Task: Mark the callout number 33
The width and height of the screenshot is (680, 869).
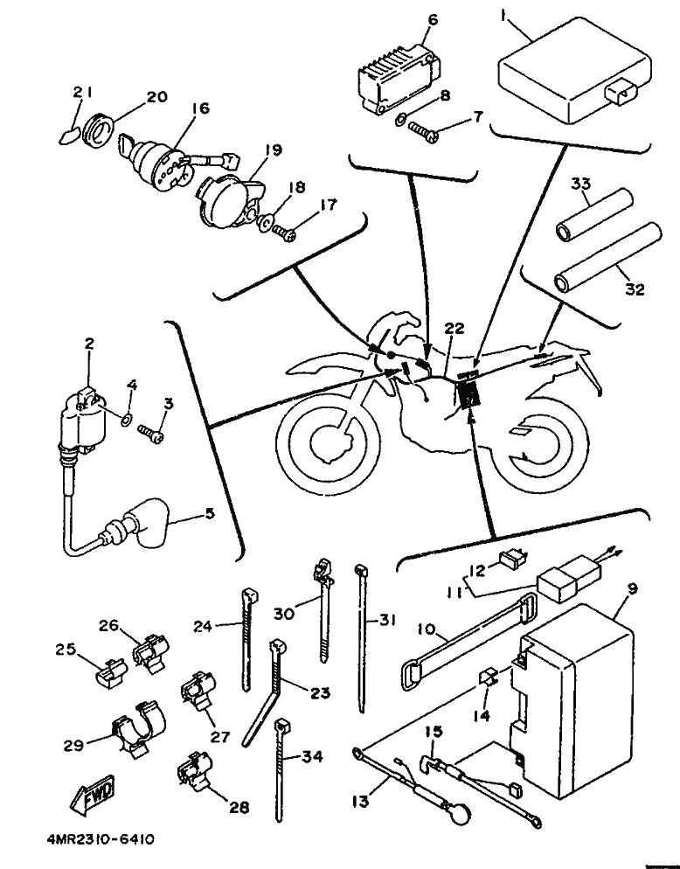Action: [581, 184]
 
